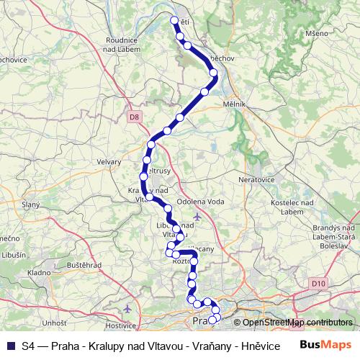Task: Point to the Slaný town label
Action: tap(30, 205)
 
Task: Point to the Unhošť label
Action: tap(54, 323)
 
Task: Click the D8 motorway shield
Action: tap(133, 116)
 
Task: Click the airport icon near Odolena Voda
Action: tap(197, 215)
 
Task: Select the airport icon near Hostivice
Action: tap(127, 309)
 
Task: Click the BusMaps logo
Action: tap(327, 345)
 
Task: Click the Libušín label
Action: tap(14, 255)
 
